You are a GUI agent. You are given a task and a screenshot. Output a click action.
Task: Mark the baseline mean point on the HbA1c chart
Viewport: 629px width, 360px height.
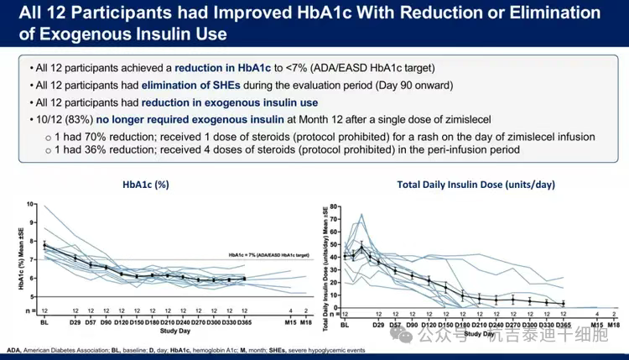44,245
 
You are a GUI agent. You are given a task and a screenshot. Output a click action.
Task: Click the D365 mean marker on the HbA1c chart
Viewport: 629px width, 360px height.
243,279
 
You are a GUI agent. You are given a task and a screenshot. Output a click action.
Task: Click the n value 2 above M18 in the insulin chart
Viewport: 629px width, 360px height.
614,314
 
